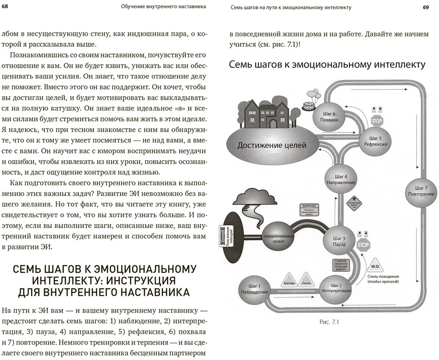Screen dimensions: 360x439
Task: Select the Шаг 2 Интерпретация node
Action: point(336,288)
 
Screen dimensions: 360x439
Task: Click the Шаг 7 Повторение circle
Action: point(421,191)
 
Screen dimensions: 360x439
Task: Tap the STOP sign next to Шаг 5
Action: point(377,120)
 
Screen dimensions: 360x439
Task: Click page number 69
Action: point(426,7)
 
